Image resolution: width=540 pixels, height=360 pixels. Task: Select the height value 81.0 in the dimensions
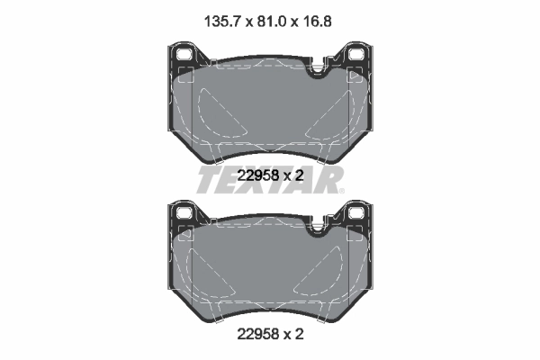click(x=269, y=13)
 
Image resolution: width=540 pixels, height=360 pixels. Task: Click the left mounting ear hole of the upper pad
click(x=186, y=55)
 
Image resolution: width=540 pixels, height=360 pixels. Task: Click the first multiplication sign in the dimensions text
click(x=242, y=14)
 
